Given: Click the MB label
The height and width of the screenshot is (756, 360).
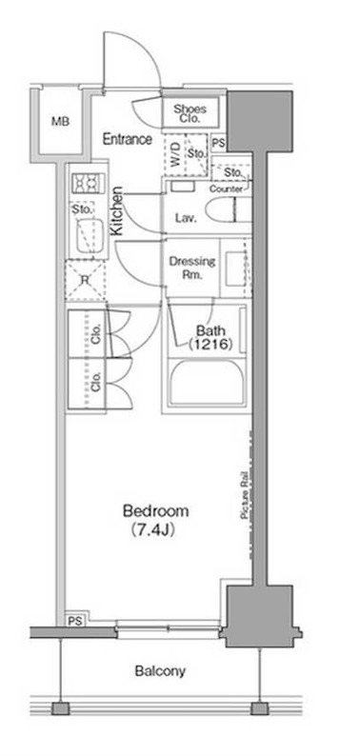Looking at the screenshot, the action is pos(61,122).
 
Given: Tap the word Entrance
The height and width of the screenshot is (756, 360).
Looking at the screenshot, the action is pos(128,140).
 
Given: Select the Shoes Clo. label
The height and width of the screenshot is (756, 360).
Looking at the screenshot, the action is pos(190,112).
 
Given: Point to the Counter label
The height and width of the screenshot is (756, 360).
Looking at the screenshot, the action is pos(226,189).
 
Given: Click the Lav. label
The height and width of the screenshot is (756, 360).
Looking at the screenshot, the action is pos(186,218).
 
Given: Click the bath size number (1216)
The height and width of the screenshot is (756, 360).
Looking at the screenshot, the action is pos(210,345).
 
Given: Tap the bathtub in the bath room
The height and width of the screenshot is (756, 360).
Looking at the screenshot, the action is pos(206,382).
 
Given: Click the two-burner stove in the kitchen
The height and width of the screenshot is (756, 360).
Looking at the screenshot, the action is pos(88,183).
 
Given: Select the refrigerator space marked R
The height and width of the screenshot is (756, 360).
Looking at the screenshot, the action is pos(86,280).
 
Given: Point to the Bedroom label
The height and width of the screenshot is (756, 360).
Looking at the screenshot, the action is pos(155,510).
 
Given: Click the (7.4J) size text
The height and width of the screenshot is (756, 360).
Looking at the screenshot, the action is pos(152,531).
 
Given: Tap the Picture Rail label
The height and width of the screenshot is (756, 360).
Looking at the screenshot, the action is pos(245,495).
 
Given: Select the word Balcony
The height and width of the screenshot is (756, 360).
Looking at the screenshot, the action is pos(160,671).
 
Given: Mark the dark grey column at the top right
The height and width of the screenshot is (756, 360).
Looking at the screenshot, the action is pos(260,121).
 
